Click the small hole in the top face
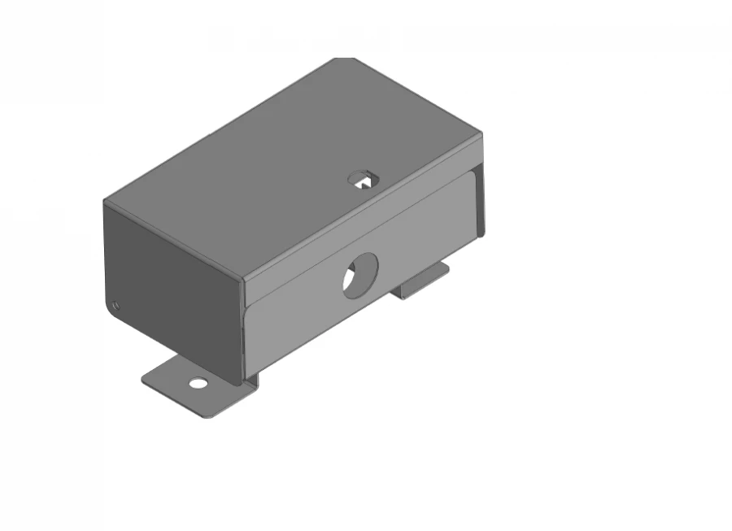click(362, 179)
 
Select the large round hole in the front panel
click(360, 276)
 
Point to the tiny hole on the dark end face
click(116, 306)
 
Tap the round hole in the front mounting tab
click(198, 382)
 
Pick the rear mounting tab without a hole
click(423, 281)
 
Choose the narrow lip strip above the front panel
click(358, 220)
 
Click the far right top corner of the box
click(481, 133)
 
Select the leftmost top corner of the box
click(105, 201)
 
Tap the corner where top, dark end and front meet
click(243, 281)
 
